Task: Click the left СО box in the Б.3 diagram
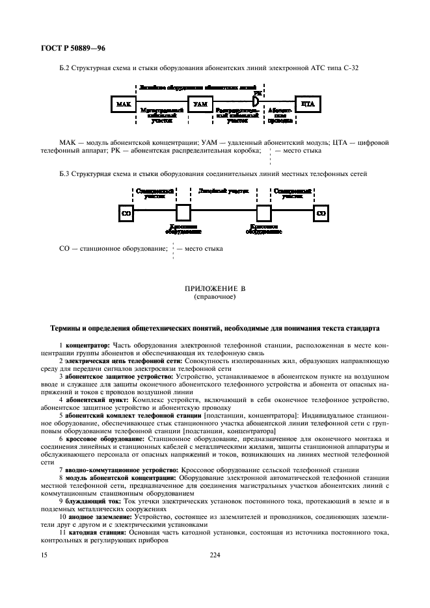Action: pyautogui.click(x=127, y=213)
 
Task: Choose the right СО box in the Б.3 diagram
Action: pyautogui.click(x=321, y=213)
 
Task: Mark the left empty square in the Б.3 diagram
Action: pyautogui.click(x=183, y=213)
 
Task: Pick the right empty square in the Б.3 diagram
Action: pyautogui.click(x=263, y=213)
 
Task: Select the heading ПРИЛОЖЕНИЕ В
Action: pyautogui.click(x=215, y=288)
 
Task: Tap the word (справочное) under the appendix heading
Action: pyautogui.click(x=215, y=296)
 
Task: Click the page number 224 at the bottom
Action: pyautogui.click(x=215, y=555)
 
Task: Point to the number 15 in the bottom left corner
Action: pyautogui.click(x=44, y=555)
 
